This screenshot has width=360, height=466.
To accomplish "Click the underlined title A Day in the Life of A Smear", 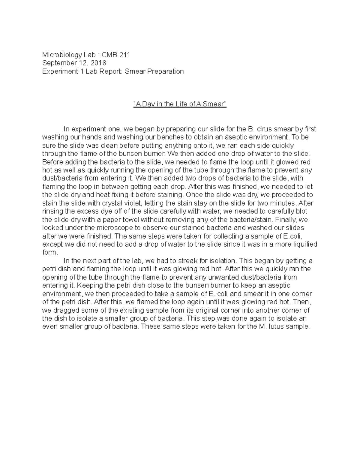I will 180,104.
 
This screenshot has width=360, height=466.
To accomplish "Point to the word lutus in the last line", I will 276,326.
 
